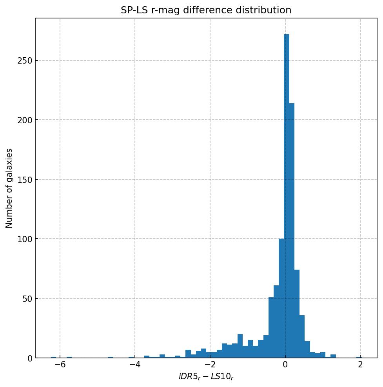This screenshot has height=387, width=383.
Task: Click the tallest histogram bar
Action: [287, 196]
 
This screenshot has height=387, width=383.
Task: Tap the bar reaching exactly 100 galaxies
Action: [281, 298]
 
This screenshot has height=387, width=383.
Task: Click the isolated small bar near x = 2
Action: [359, 357]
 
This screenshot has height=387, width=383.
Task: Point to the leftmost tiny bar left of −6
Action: [53, 357]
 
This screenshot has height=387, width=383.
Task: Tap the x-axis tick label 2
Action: [360, 365]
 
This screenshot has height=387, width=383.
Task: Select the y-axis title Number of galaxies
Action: [9, 188]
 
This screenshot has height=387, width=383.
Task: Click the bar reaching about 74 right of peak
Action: [297, 314]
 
